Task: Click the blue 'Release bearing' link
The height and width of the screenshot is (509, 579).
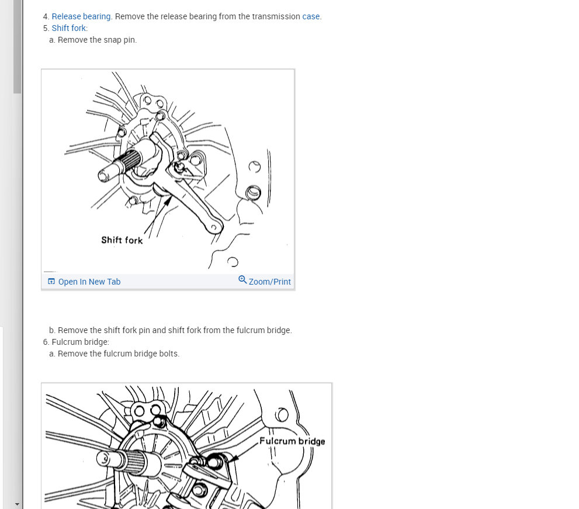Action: tap(81, 16)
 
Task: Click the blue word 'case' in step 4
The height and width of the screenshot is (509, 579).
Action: tap(311, 16)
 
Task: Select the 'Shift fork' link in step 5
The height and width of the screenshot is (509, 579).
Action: tap(69, 28)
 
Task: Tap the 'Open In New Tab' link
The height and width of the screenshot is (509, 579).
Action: tap(89, 282)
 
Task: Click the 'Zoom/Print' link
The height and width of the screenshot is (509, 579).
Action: tap(269, 282)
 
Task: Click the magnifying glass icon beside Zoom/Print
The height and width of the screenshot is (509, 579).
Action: tap(242, 279)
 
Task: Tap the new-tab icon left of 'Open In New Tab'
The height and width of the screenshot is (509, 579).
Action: tap(51, 282)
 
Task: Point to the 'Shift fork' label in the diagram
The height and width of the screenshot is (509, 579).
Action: tap(122, 240)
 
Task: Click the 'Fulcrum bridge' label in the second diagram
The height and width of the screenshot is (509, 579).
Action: tap(292, 441)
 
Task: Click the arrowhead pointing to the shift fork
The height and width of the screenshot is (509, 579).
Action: tap(168, 201)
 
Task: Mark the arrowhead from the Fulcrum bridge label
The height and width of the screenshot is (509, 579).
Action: tap(233, 458)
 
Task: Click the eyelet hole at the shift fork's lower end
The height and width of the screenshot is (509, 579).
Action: tap(214, 227)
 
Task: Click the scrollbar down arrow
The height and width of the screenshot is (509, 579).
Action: tap(17, 504)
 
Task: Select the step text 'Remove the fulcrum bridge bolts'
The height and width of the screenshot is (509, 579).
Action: tap(118, 354)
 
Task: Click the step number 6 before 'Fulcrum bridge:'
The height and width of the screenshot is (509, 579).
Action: tap(46, 342)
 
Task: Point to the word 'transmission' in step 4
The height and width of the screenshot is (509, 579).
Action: tap(276, 16)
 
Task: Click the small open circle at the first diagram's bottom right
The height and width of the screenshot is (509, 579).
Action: tap(233, 262)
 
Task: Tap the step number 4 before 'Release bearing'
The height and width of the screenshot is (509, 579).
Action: tap(46, 16)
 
